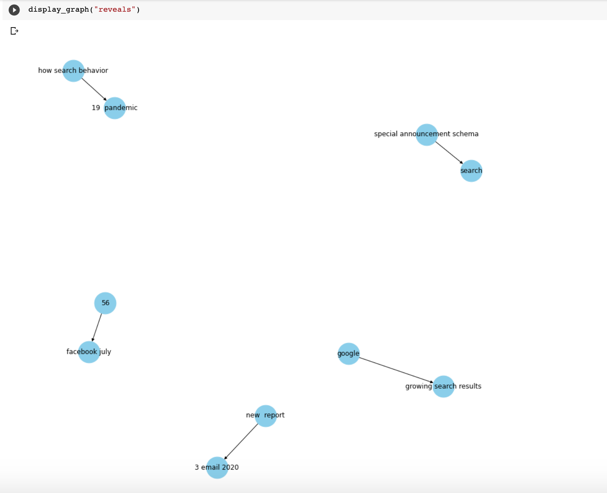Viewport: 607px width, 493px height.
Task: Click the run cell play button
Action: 14,10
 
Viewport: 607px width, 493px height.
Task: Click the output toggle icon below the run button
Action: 14,31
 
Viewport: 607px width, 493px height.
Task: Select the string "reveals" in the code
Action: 115,10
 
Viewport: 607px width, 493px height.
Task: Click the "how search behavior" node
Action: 73,70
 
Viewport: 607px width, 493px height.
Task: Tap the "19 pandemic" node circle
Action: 115,108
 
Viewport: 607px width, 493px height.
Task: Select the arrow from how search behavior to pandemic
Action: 94,89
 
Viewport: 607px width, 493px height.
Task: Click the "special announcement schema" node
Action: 427,135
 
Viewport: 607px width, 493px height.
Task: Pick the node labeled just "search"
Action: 471,171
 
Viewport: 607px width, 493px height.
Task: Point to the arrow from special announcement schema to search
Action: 449,153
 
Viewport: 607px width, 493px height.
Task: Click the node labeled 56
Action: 105,303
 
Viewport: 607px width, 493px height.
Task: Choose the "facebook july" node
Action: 89,352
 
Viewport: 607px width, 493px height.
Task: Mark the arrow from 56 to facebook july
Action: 97,327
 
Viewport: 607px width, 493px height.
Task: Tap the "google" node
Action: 349,354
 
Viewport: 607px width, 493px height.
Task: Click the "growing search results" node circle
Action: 443,387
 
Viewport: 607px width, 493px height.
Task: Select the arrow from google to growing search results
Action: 396,370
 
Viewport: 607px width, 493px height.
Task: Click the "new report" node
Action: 266,416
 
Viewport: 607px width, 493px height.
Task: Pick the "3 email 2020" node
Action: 217,468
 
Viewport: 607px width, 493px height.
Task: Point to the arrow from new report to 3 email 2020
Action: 241,442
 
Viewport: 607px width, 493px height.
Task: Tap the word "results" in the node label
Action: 470,386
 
